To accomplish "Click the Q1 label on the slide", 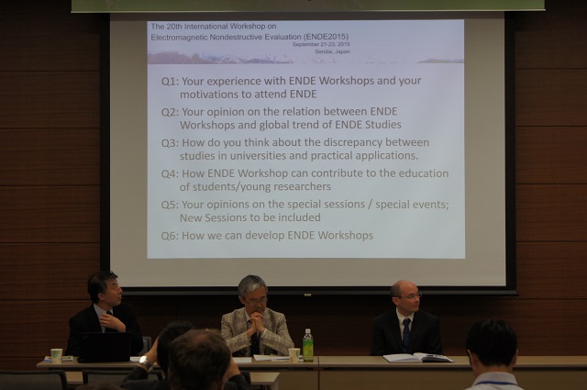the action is (170, 82).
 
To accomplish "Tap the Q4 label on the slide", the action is (171, 173).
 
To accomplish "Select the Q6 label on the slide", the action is (171, 236).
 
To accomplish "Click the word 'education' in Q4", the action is (424, 173).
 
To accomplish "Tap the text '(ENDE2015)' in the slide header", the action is (327, 37).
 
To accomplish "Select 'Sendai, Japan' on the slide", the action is (332, 51).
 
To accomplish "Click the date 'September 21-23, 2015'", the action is (321, 45).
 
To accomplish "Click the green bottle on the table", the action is (308, 345).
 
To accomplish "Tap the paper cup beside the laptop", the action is (57, 355).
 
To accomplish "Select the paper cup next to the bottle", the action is (294, 355).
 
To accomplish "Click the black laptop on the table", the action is (105, 347).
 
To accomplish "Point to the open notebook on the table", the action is (418, 358).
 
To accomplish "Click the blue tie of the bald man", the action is (406, 335).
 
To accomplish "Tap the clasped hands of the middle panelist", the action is (257, 321).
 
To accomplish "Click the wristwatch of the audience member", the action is (145, 362).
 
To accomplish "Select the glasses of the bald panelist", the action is (409, 296).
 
